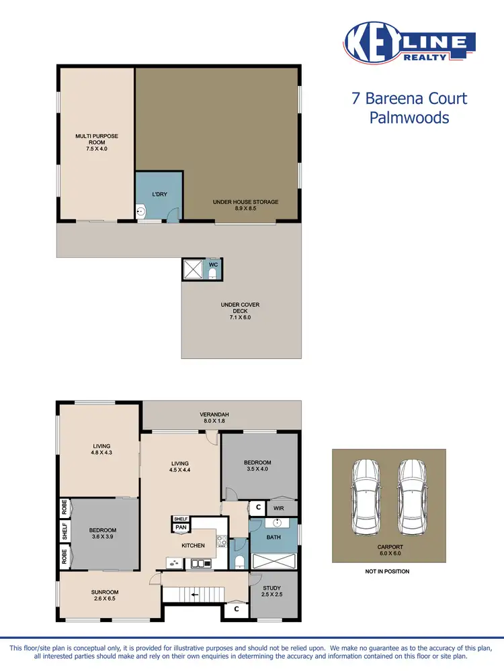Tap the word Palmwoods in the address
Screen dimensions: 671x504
(x=409, y=118)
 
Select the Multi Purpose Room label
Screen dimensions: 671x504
(x=96, y=143)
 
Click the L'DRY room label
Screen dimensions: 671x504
(x=159, y=194)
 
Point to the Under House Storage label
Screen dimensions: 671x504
(x=245, y=205)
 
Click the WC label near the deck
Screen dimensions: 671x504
(x=213, y=264)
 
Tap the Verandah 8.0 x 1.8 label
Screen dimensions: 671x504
(x=214, y=418)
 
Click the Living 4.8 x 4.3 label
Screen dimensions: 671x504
(x=101, y=450)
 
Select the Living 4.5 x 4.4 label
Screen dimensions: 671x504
(x=180, y=467)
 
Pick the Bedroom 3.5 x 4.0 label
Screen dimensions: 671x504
(x=257, y=466)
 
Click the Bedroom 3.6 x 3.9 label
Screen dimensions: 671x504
(x=103, y=534)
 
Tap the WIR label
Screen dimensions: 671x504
(x=278, y=509)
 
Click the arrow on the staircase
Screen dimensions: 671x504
(x=194, y=595)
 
